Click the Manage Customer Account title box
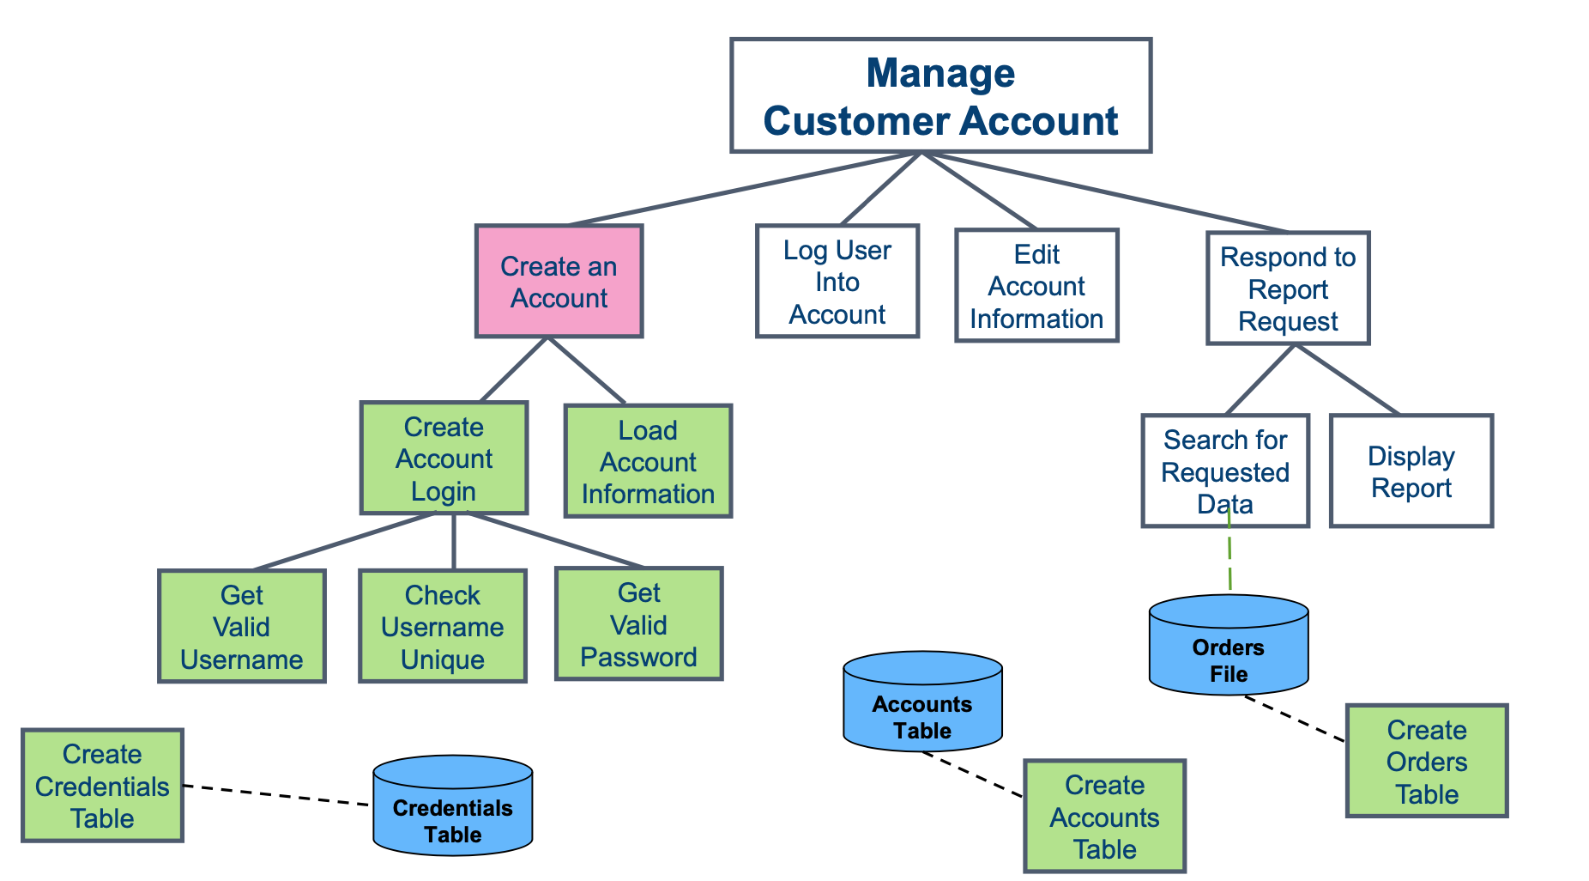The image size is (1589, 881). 940,95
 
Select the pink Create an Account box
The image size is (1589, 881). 559,282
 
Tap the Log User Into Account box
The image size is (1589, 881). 837,282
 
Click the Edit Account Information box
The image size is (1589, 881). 1036,286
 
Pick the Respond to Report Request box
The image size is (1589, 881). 1287,289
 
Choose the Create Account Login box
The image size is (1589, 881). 444,459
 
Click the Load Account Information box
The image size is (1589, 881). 648,461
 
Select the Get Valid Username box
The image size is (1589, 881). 242,627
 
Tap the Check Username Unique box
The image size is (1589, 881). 442,627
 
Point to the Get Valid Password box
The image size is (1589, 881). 638,624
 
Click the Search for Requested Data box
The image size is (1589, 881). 1224,471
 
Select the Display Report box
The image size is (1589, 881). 1411,471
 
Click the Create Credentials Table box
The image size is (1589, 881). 102,786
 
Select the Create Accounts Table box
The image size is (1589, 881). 1104,817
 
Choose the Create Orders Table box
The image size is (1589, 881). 1426,762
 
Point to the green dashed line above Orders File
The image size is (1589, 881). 1230,558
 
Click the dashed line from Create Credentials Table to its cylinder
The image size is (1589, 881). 276,795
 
